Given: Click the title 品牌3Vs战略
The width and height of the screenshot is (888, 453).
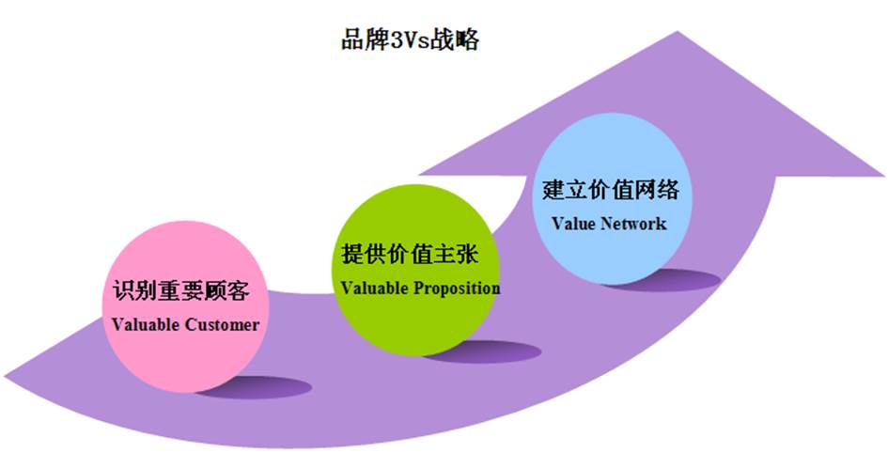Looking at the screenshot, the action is point(410,40).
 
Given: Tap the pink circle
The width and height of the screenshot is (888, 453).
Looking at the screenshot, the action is point(186,307).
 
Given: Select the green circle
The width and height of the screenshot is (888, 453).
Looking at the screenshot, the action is point(415,270).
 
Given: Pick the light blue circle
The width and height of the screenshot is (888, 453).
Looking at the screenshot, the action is point(612,198).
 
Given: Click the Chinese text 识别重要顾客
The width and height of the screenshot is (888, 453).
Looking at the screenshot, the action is point(181,290).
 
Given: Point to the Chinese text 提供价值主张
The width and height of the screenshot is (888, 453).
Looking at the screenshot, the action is point(410,255).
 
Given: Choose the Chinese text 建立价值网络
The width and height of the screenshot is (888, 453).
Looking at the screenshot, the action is point(611,189).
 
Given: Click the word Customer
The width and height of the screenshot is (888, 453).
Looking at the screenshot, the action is point(223,324).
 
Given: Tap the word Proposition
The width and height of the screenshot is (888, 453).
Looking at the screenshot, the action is point(457,289).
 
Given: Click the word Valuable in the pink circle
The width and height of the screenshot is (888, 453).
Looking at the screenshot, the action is point(146,324).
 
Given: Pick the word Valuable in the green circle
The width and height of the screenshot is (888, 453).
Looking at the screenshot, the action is point(374,289).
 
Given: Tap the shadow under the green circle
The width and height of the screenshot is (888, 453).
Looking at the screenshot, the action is point(484,351).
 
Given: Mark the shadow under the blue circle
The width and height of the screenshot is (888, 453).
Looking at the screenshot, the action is point(663,281).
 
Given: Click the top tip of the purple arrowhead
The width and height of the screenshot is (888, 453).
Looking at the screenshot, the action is point(678,32).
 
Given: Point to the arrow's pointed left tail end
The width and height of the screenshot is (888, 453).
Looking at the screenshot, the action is point(5,376).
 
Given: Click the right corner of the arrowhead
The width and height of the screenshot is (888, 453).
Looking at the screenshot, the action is point(883,176).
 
